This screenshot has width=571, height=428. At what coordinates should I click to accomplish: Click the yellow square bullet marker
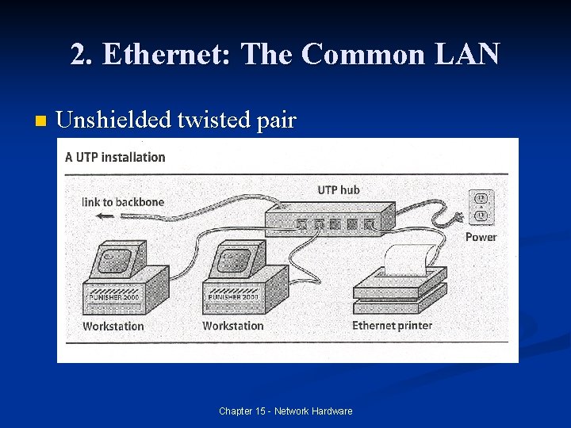[41, 122]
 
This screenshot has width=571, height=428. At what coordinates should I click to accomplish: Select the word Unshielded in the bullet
[113, 120]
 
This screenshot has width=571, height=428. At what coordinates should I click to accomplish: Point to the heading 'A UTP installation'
[116, 157]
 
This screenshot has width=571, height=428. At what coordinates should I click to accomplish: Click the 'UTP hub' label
[339, 189]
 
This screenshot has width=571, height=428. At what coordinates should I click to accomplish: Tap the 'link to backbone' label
[123, 202]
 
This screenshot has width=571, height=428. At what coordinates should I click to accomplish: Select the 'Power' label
[481, 237]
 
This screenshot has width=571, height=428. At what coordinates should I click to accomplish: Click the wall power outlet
[480, 205]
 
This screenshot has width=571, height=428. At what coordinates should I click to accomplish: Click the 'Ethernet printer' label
[392, 325]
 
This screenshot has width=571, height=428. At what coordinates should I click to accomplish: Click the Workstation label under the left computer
[113, 326]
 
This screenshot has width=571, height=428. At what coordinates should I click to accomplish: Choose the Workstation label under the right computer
[232, 326]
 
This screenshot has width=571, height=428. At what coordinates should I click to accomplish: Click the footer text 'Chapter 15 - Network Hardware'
[285, 411]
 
